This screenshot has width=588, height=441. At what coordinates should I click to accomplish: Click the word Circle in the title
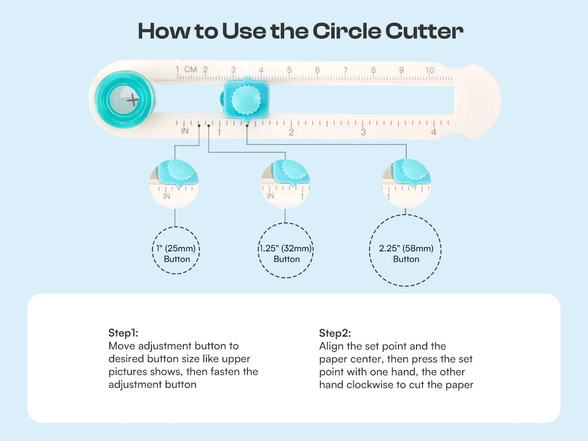346,31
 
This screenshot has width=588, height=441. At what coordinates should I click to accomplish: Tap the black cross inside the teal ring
133,100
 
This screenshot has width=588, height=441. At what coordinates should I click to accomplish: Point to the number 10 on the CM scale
430,70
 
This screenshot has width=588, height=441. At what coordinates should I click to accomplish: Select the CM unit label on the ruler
191,70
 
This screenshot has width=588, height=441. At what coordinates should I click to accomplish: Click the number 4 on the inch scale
434,132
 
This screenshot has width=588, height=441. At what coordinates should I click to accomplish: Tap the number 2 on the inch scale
292,132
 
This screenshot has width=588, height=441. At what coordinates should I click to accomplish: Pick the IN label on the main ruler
185,131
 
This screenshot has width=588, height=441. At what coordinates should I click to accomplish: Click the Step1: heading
123,333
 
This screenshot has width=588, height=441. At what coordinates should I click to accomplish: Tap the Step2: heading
335,333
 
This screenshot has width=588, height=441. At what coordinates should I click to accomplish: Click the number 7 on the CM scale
345,70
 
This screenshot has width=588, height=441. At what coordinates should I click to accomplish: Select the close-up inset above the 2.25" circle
406,183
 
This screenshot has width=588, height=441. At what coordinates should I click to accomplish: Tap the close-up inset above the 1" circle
174,184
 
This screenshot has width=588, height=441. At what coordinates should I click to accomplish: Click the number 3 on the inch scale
363,132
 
